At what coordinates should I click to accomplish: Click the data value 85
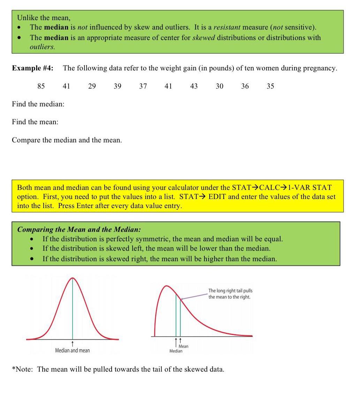click(41, 86)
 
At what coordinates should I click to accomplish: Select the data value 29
click(92, 86)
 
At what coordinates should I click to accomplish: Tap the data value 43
click(194, 86)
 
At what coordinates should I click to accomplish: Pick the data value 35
click(270, 86)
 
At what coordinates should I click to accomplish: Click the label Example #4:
click(33, 68)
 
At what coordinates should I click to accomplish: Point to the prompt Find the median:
click(38, 104)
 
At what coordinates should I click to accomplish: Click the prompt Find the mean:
click(35, 122)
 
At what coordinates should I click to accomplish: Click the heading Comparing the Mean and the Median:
click(79, 229)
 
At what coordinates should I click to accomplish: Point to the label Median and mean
click(72, 350)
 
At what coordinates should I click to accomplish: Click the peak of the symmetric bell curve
click(73, 278)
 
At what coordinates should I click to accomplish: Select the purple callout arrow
click(194, 296)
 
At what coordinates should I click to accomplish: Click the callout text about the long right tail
click(230, 293)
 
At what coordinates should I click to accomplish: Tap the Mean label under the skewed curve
click(183, 346)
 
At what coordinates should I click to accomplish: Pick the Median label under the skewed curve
click(176, 351)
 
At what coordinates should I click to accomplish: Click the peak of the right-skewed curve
click(167, 286)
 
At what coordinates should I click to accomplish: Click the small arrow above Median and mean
click(73, 343)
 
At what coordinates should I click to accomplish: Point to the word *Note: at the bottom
click(22, 369)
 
